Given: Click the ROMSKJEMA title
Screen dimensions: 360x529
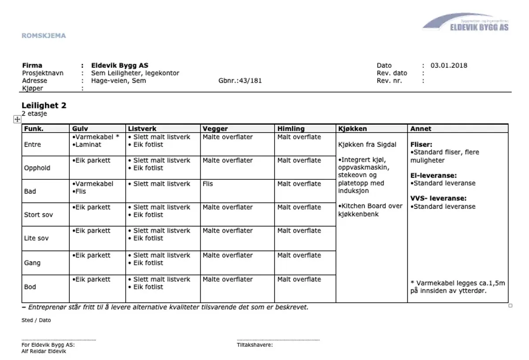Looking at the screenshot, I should click(44, 36).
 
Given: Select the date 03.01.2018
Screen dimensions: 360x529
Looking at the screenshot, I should click(449, 66).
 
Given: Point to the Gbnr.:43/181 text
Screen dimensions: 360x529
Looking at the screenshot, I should click(240, 81).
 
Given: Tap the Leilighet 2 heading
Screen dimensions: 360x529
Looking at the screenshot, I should click(44, 106).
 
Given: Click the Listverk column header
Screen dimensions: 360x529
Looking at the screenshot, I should click(142, 129).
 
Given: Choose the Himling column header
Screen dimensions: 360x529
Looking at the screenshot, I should click(291, 129).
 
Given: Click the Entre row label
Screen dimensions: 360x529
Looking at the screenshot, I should click(33, 145).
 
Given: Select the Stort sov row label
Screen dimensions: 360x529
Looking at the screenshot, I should click(38, 215).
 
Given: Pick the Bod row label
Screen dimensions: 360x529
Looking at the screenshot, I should click(30, 287).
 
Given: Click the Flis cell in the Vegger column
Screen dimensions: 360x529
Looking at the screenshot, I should click(208, 184).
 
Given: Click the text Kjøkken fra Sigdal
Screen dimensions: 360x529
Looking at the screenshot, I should click(367, 145).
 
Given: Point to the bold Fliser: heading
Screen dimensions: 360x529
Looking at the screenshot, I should click(421, 144).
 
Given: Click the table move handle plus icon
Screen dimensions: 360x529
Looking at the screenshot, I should click(17, 119).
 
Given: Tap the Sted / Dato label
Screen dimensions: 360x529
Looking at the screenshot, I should click(36, 320).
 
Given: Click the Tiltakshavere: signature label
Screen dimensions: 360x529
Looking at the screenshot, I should click(255, 345).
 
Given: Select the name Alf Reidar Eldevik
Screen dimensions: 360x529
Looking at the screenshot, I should click(44, 351).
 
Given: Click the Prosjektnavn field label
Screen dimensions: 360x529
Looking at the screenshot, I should click(43, 73).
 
